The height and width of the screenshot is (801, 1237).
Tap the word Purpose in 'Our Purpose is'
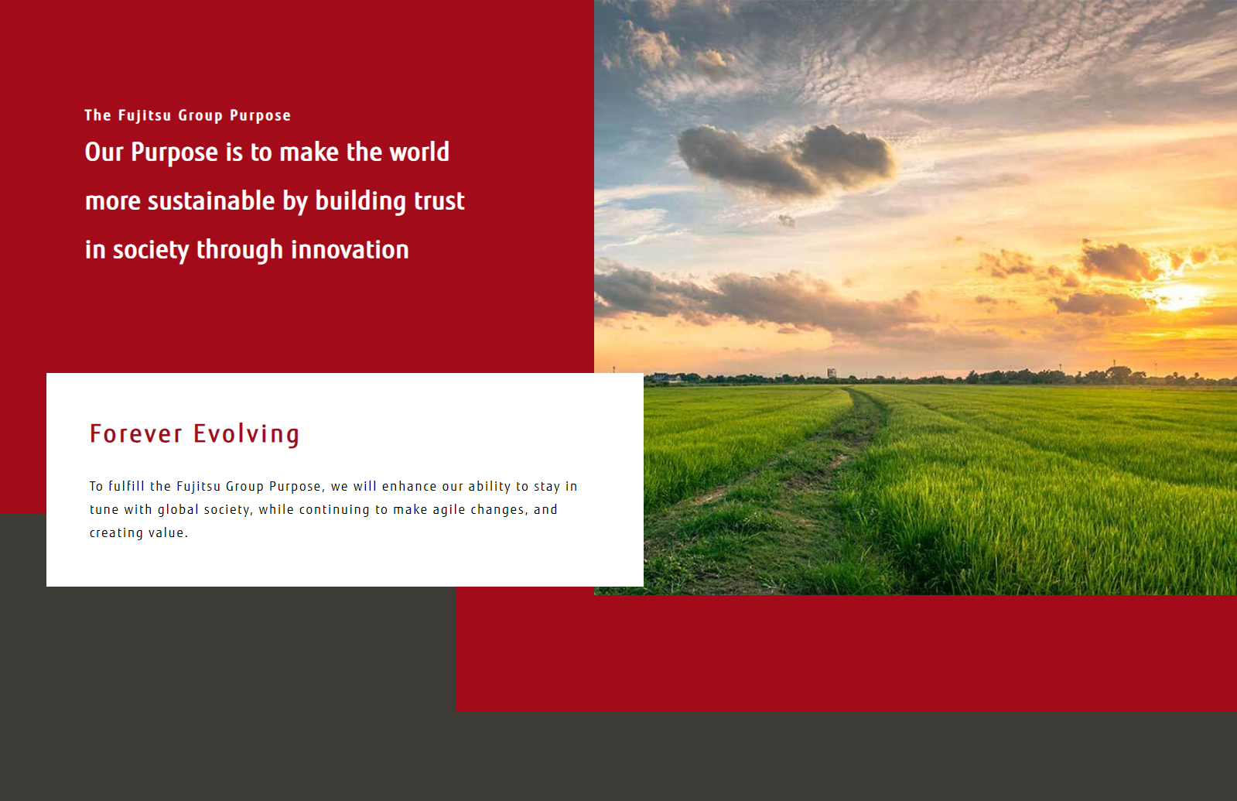(175, 152)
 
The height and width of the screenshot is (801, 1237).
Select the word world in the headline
(419, 152)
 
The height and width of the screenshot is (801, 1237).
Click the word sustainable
(211, 200)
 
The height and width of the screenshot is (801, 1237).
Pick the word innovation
(350, 249)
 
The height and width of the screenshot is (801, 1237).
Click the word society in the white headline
(151, 250)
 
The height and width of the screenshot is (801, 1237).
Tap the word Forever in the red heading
(136, 433)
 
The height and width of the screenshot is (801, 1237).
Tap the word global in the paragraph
(178, 509)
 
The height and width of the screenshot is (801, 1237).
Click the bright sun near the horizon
(1182, 296)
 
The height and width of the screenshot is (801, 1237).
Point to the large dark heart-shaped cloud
(787, 160)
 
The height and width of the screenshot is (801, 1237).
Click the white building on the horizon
(831, 373)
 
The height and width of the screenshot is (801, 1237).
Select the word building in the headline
(361, 201)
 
